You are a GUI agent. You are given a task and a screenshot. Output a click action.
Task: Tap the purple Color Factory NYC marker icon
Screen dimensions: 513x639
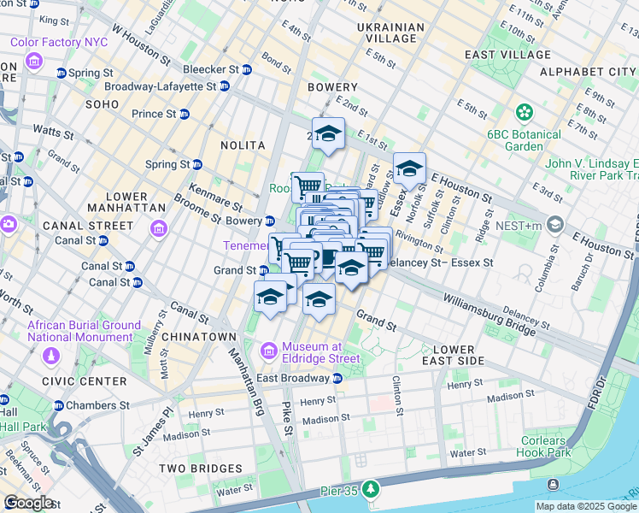pos(33,61)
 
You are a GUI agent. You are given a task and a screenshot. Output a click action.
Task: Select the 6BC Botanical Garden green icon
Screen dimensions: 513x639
pos(524,112)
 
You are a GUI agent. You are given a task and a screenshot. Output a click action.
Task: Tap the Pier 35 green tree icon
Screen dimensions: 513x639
pos(370,489)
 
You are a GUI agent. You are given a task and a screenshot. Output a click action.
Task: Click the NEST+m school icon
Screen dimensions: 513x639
pos(556,224)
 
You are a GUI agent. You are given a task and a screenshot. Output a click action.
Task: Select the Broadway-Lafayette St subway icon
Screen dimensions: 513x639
pos(224,86)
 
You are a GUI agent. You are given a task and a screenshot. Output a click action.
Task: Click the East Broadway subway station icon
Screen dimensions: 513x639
pos(337,379)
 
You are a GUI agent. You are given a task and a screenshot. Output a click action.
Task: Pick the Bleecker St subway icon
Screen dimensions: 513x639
pos(246,69)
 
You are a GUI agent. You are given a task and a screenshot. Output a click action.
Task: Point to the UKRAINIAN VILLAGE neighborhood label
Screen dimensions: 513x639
pos(390,33)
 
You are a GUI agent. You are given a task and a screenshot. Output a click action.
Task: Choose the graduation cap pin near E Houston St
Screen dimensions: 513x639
pos(409,168)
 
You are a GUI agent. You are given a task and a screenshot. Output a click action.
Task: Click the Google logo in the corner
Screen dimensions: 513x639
pos(28,503)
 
